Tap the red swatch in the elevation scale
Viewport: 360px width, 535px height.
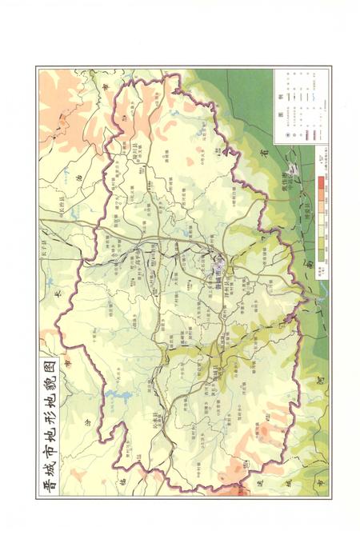click(320, 185)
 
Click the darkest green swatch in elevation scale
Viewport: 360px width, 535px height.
click(320, 254)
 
